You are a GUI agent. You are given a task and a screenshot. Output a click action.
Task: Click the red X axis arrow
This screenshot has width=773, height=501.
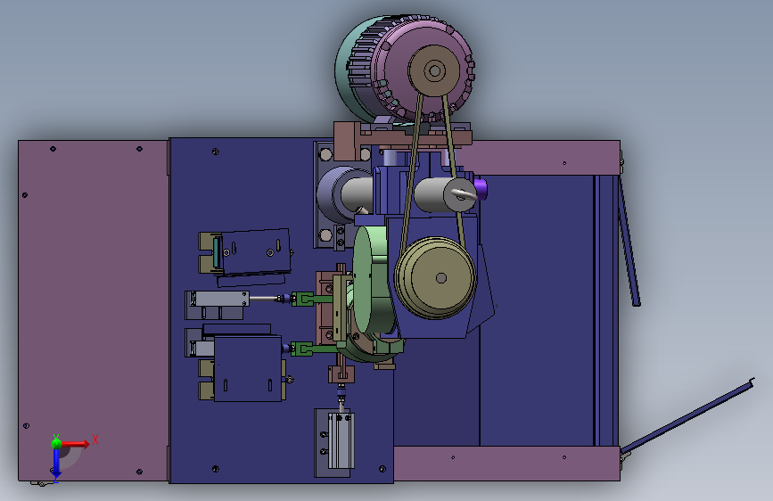point(74,444)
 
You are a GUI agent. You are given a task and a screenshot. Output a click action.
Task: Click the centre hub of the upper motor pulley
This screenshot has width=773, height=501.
point(434,70)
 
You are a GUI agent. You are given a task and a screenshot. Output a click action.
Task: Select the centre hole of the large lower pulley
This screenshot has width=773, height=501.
point(441,278)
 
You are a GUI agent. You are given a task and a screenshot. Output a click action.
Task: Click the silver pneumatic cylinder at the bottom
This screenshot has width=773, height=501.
point(341,441)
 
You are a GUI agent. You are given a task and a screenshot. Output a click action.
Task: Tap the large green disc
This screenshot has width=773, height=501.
point(371,280)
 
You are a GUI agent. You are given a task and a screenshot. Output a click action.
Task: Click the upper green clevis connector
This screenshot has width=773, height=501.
point(303,299)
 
